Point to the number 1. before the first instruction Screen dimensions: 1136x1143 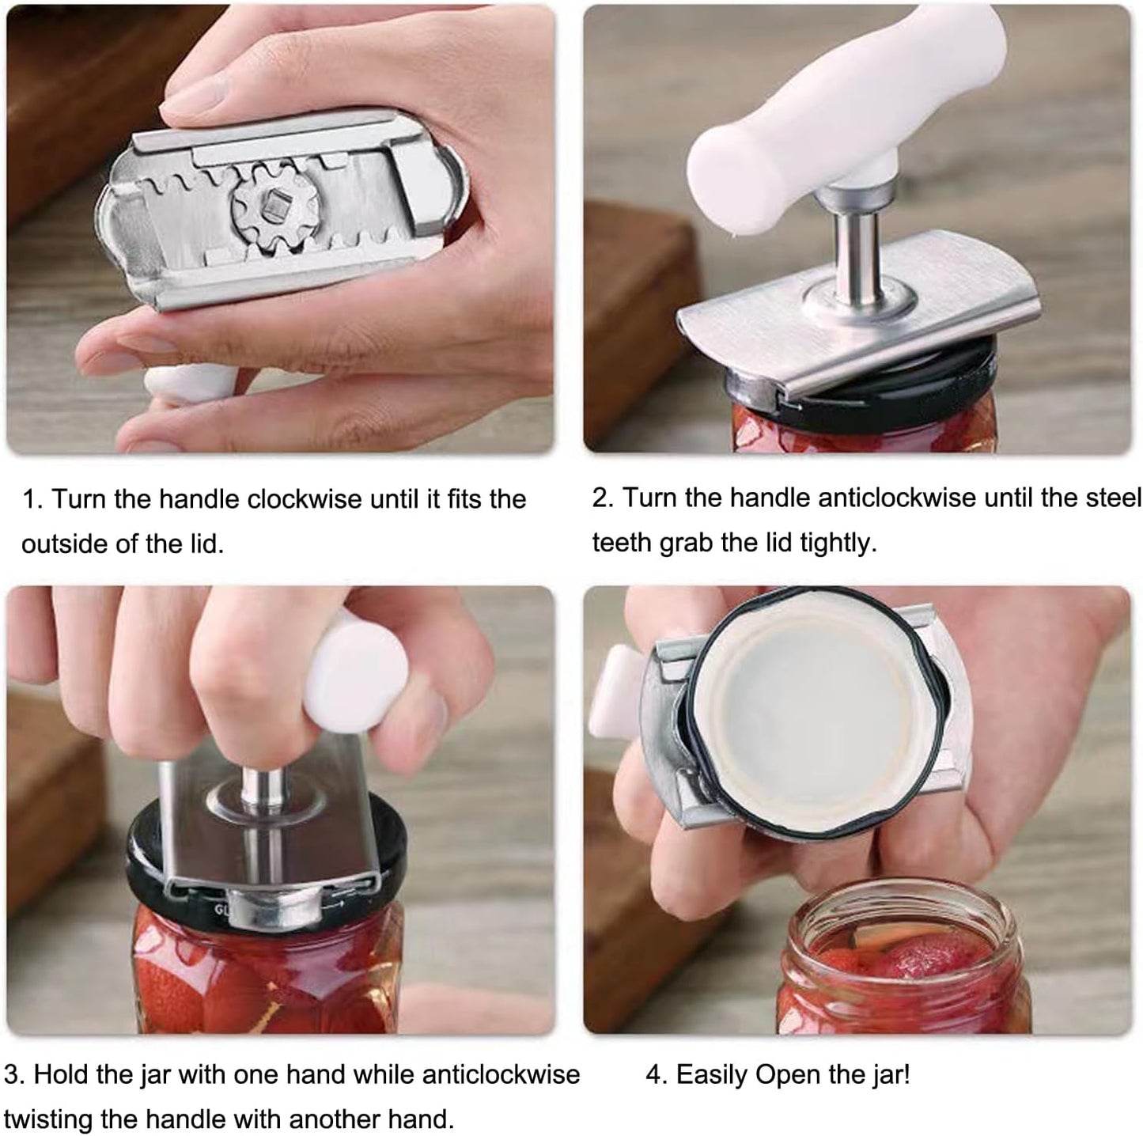[32, 499]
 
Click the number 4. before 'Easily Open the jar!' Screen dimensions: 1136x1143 [657, 1074]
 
